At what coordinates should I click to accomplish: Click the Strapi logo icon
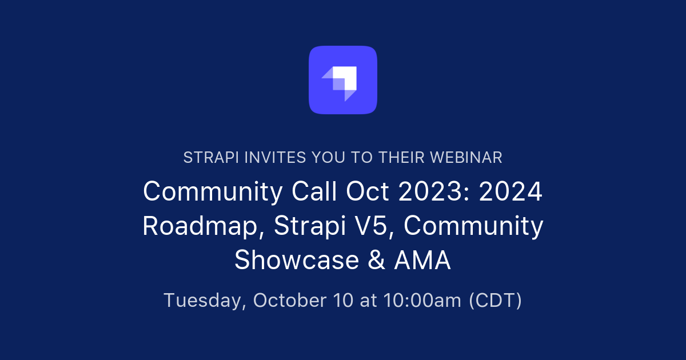tap(343, 79)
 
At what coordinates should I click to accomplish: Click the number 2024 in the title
tap(510, 192)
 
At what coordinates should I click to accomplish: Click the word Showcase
tap(292, 261)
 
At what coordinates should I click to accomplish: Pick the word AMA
tap(422, 261)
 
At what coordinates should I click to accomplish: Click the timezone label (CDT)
tap(495, 300)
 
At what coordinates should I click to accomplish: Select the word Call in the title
tap(313, 192)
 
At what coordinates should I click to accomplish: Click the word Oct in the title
tap(366, 192)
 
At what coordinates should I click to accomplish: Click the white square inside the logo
tap(346, 77)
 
